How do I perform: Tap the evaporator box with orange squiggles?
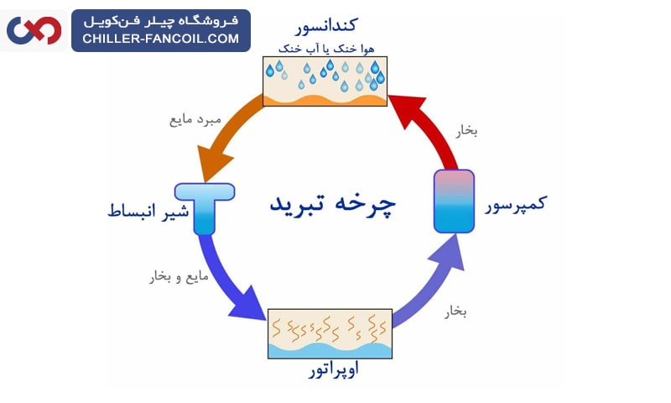click(x=330, y=333)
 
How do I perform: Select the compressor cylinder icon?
click(x=454, y=201)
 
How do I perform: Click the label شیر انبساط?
click(x=139, y=210)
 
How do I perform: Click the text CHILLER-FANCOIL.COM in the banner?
click(x=161, y=38)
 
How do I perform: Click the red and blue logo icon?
click(x=34, y=30)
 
